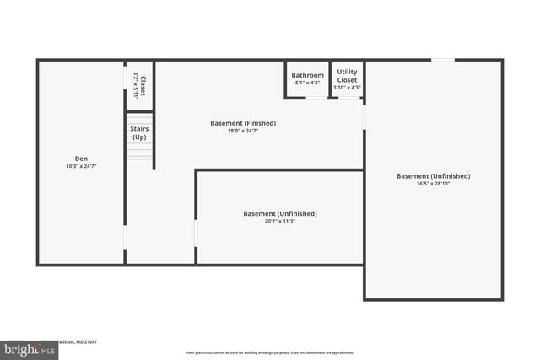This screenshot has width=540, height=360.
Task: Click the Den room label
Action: [81, 159]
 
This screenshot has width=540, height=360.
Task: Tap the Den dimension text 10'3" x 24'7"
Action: [81, 167]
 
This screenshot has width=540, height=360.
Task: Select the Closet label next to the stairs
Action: [143, 85]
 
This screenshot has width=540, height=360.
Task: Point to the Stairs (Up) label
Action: [139, 132]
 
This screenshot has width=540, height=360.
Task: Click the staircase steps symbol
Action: [139, 150]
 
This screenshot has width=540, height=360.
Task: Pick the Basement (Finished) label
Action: [243, 123]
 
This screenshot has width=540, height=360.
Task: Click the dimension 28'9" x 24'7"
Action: [243, 132]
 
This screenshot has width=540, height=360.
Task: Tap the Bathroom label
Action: [308, 75]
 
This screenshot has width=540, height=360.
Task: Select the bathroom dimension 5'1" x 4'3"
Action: [308, 83]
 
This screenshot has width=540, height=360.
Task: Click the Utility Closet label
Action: [347, 76]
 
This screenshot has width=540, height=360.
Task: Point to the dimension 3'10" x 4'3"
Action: [347, 88]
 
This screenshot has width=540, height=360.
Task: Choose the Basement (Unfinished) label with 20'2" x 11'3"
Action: [280, 213]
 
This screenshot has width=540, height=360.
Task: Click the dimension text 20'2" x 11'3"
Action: [280, 222]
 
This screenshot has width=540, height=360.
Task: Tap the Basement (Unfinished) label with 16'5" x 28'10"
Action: [433, 175]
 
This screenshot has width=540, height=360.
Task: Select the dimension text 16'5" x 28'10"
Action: [433, 184]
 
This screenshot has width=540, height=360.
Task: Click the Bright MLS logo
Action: [25, 348]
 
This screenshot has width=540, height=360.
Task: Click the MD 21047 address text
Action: [80, 341]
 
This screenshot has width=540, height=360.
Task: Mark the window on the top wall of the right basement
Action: [443, 60]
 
